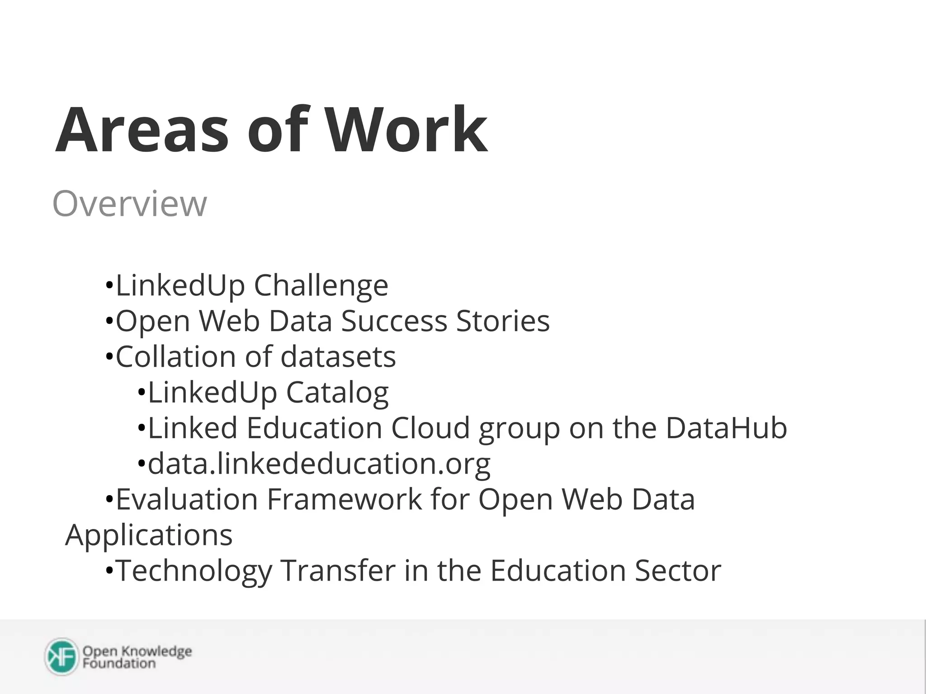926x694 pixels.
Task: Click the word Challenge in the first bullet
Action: tap(321, 286)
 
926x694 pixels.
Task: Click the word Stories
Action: tap(503, 321)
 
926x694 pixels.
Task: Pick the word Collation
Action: tap(175, 357)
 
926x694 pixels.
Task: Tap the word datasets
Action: tap(338, 357)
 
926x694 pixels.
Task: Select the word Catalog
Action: tap(337, 393)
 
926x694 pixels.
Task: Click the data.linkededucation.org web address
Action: tap(319, 464)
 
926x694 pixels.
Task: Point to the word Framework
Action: tap(344, 499)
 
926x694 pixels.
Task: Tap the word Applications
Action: tap(149, 535)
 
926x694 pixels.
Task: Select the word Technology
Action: tap(194, 571)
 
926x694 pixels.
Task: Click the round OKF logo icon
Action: tap(62, 657)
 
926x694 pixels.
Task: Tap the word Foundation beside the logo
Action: tap(119, 663)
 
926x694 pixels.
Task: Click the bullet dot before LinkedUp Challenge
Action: tap(109, 286)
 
